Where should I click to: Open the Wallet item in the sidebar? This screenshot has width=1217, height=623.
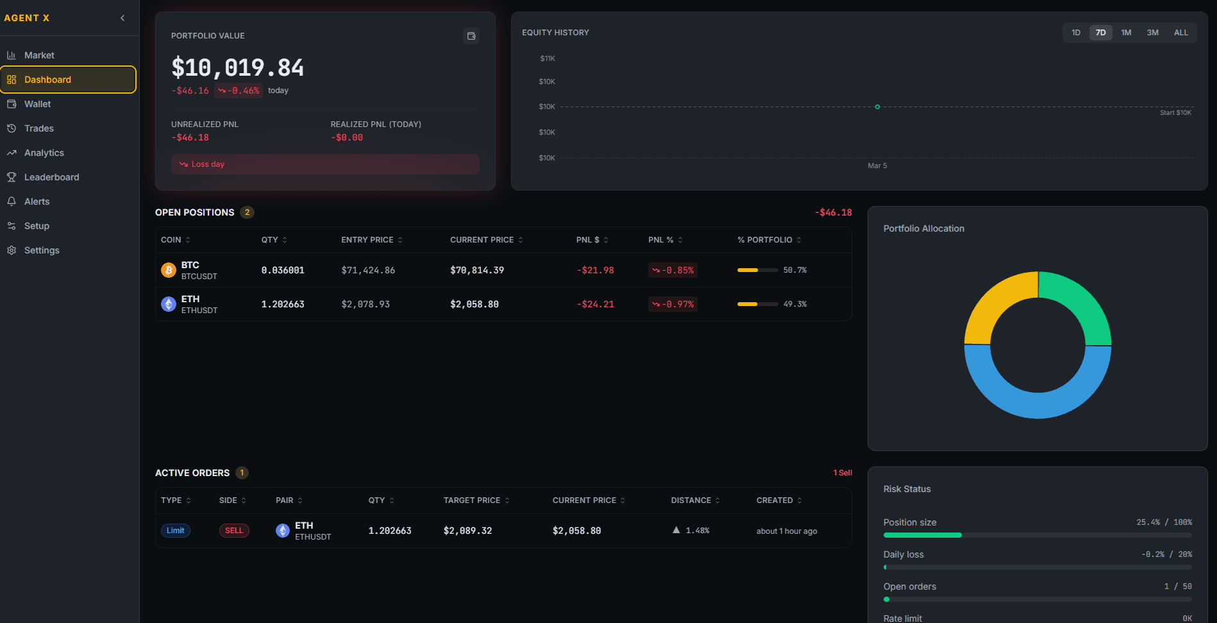coord(37,104)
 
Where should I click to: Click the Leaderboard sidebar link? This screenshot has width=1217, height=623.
coord(51,177)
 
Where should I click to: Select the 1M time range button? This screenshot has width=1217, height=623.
coord(1126,33)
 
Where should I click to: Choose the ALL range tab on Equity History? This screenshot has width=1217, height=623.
coord(1180,33)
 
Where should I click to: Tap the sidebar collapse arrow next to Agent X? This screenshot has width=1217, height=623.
coord(122,18)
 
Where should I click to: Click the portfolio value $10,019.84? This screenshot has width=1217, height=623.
coord(237,68)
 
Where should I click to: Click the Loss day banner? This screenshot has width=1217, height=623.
coord(324,164)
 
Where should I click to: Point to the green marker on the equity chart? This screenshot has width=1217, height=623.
coord(877,107)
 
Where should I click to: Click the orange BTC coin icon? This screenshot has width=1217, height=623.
coord(169,270)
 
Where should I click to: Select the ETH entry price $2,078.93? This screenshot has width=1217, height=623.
coord(365,304)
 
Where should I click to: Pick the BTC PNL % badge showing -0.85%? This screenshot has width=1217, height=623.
coord(673,270)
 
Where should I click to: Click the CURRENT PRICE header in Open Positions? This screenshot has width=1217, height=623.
coord(482,240)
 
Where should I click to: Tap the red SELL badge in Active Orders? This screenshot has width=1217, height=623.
coord(234,531)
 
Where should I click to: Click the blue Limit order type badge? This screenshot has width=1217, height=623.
coord(175,531)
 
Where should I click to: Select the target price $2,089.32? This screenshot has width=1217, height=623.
coord(467,531)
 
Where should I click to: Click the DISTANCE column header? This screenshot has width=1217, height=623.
coord(691,500)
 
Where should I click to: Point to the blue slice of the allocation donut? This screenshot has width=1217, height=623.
coord(1037,404)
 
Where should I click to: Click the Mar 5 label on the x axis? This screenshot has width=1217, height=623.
coord(877,166)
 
